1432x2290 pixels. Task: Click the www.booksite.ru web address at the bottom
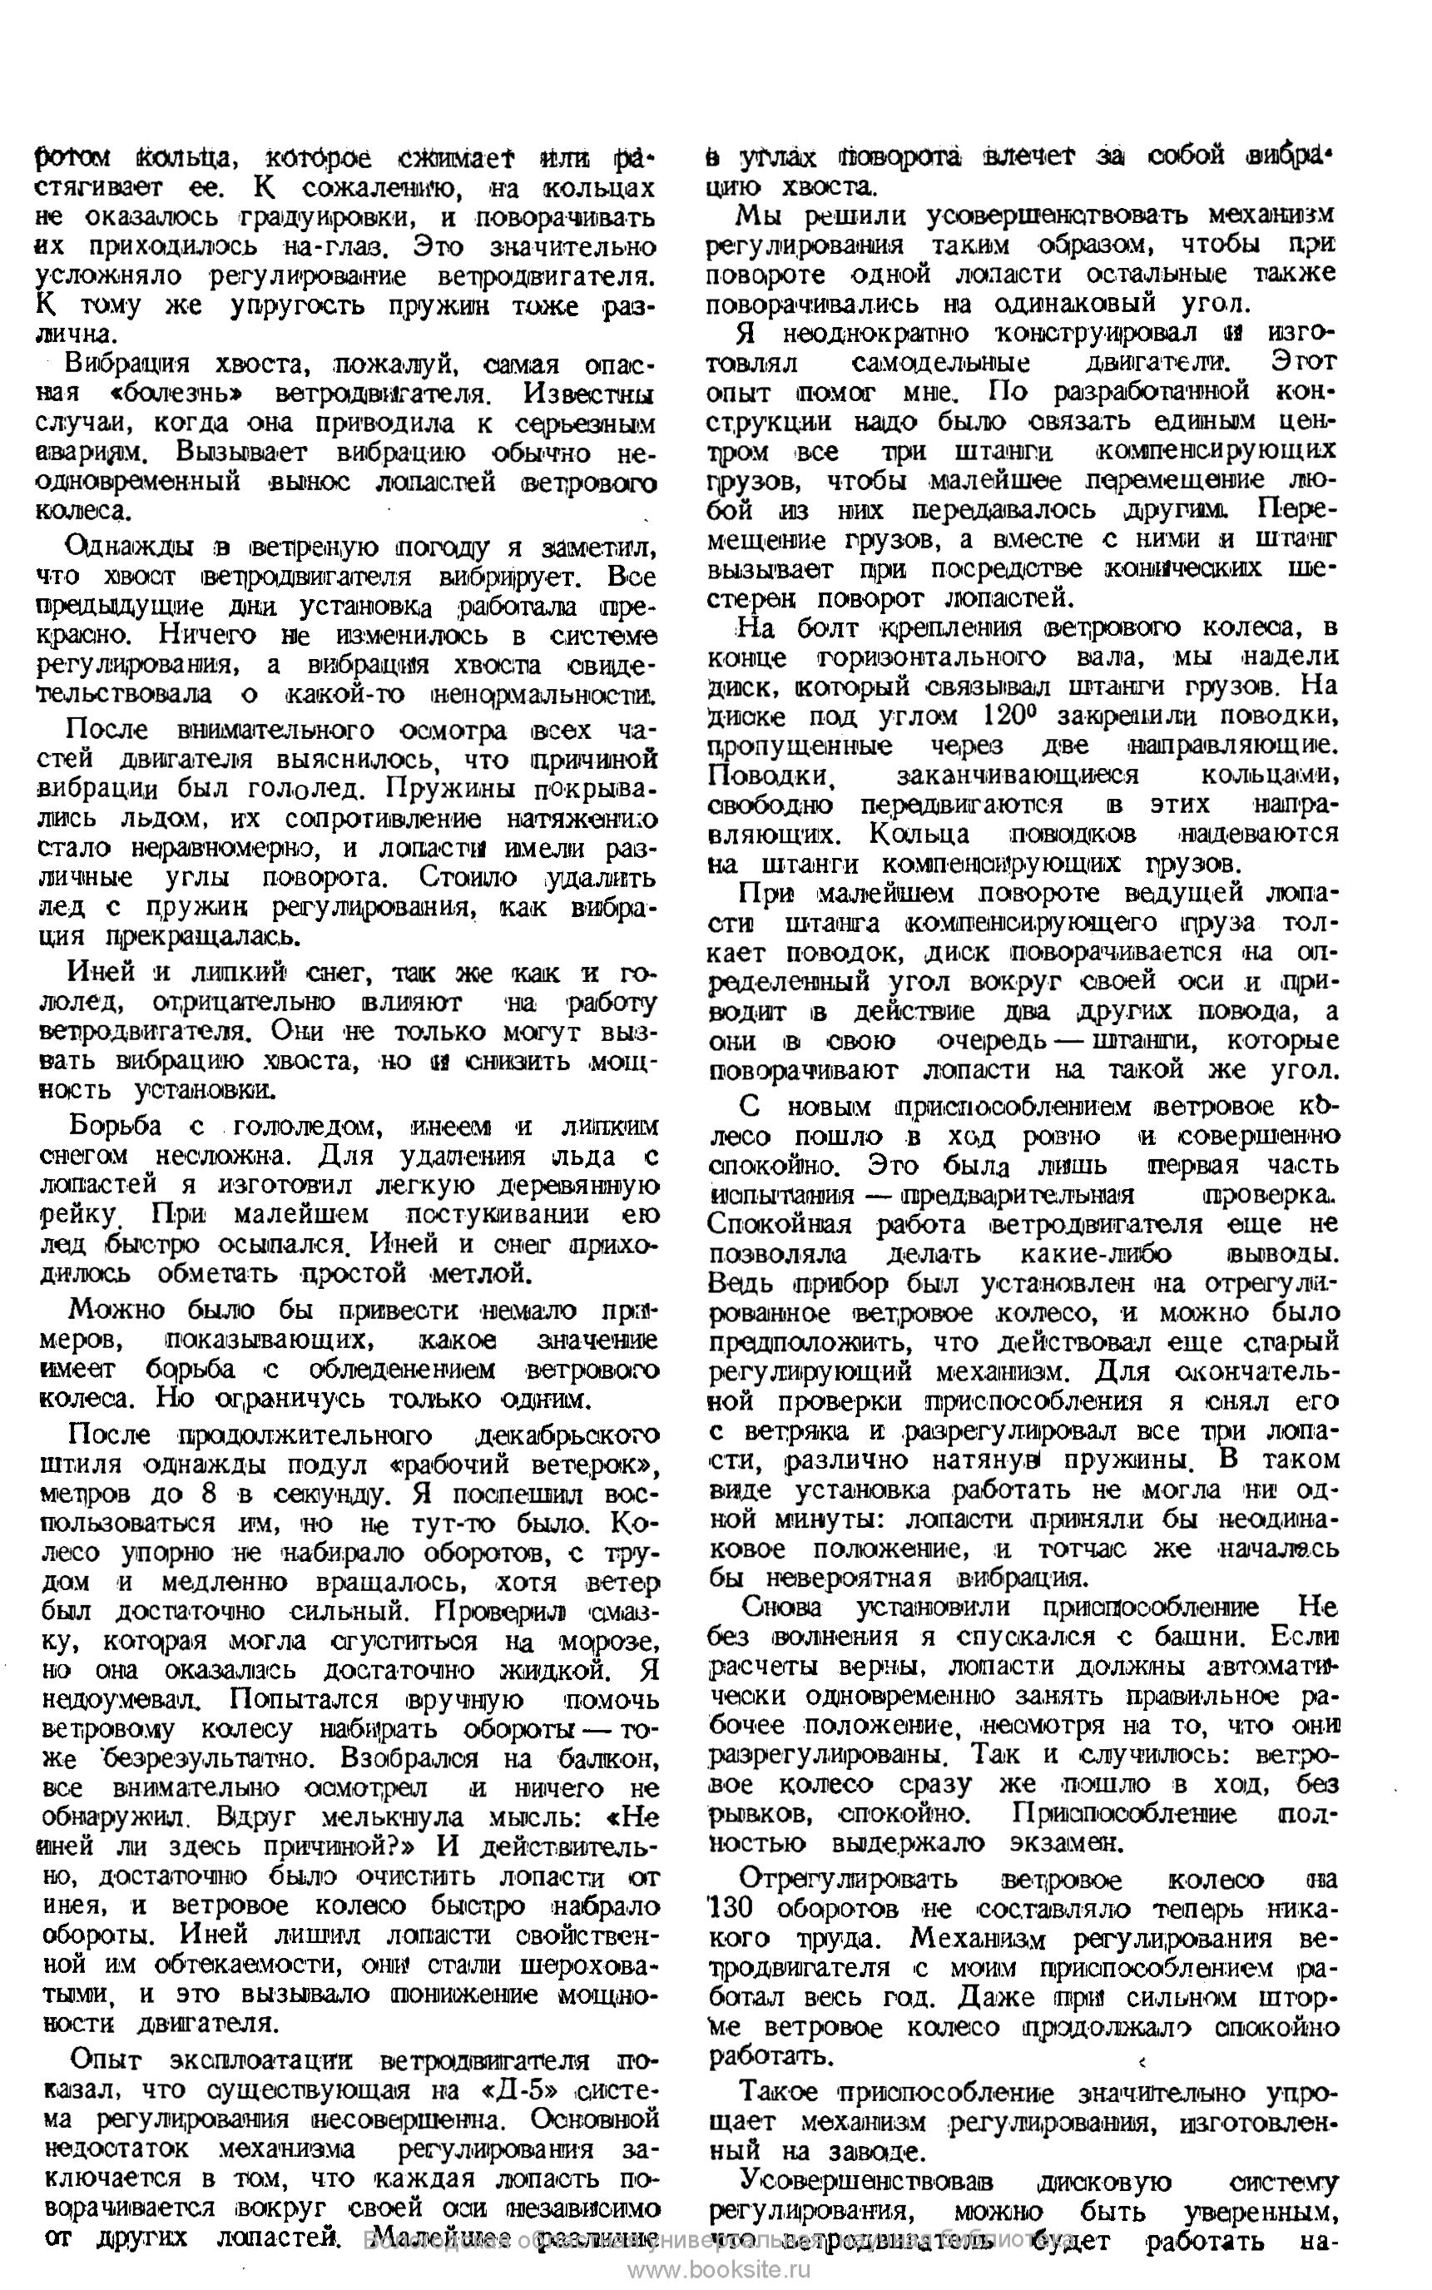click(720, 2269)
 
